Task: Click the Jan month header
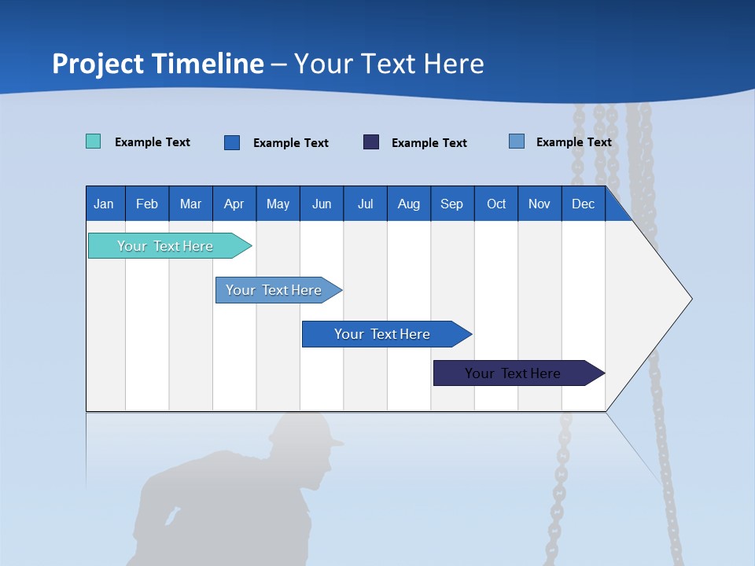105,204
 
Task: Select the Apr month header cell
234,204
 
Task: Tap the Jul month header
365,204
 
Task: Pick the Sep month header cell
452,204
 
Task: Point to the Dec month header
583,204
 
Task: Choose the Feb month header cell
147,204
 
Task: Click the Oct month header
496,204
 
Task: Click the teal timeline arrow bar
166,246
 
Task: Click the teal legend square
93,141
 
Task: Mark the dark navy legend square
371,141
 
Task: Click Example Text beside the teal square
153,142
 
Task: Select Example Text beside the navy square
429,143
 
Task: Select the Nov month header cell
540,204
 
